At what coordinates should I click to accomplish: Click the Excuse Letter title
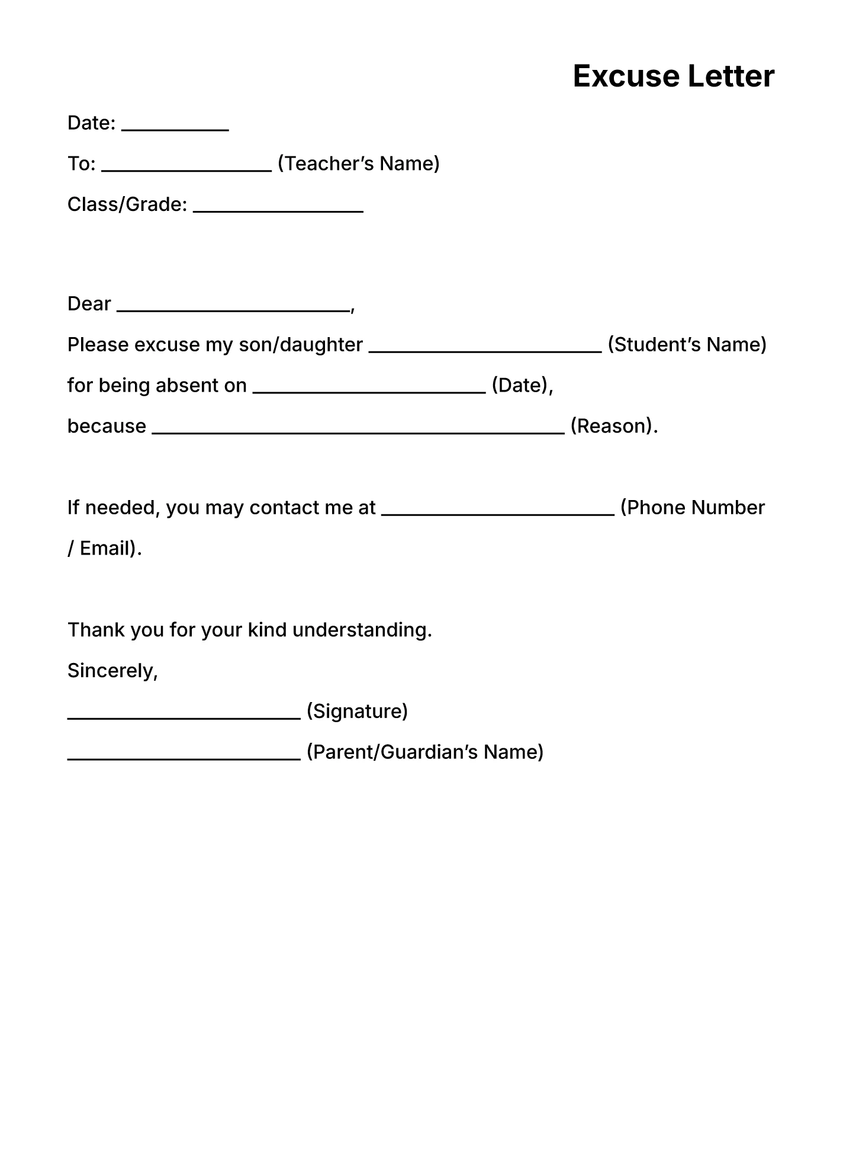(x=673, y=76)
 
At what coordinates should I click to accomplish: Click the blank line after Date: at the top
(x=175, y=129)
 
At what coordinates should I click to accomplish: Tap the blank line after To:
(x=186, y=169)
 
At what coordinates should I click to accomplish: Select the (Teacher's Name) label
(x=358, y=164)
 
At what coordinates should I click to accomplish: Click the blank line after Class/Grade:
(x=278, y=210)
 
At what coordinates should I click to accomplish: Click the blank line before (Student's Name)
(x=485, y=350)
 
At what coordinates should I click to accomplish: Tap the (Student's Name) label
(x=687, y=345)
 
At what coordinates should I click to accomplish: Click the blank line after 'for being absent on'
(x=369, y=391)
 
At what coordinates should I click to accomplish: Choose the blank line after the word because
(x=358, y=432)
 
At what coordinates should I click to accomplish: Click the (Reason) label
(x=613, y=426)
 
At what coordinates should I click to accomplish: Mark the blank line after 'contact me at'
(x=498, y=514)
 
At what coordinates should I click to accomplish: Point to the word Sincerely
(x=112, y=671)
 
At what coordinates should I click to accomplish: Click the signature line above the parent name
(x=184, y=717)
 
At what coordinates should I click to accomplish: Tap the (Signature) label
(x=357, y=711)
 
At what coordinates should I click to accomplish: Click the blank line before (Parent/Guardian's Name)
(x=184, y=758)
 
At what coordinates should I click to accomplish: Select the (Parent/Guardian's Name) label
(x=424, y=752)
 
